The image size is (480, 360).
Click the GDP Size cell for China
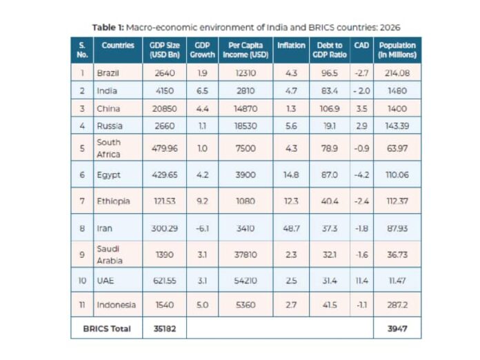[164, 109]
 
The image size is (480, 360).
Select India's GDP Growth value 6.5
[202, 91]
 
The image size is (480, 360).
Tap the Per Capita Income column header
[246, 50]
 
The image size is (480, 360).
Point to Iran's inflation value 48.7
[291, 228]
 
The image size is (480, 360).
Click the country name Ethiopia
[113, 201]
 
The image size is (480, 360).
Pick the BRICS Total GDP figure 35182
[164, 329]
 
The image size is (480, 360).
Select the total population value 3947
[397, 329]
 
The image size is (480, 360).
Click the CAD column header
[361, 46]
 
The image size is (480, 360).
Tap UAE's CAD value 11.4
[361, 281]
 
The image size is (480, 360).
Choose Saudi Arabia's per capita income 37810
[246, 254]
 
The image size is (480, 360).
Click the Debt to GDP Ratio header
[330, 50]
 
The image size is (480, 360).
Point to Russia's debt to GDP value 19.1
[330, 126]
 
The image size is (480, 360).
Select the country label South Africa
[109, 148]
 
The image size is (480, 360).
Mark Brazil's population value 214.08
[397, 73]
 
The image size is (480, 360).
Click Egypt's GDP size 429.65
[164, 174]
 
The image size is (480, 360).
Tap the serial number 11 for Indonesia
[82, 305]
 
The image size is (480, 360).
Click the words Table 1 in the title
[108, 28]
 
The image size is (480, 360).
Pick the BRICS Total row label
[107, 329]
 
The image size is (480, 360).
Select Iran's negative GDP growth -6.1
[202, 228]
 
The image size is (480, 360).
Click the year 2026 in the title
[390, 28]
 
